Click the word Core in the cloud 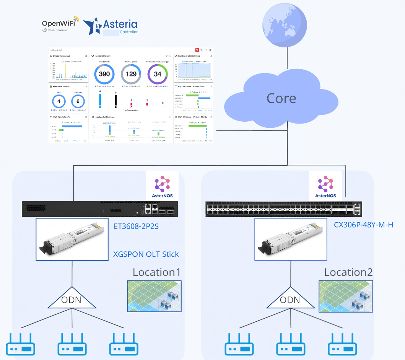(x=281, y=98)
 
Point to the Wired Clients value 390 (x=104, y=74)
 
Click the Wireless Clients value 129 (x=131, y=74)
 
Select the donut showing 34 (x=158, y=74)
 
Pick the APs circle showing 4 (x=59, y=101)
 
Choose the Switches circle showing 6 (x=78, y=101)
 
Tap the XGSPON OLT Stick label (x=146, y=254)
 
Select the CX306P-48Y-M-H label (x=363, y=225)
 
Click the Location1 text (x=156, y=272)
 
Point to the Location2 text (x=348, y=272)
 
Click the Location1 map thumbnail (x=154, y=296)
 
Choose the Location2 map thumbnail (x=346, y=296)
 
